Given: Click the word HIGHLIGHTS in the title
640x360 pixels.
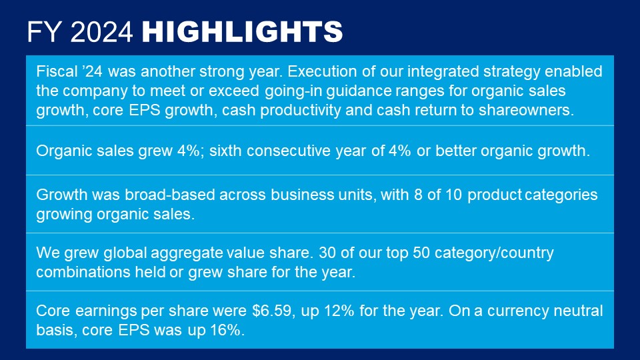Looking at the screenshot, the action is click(x=242, y=31).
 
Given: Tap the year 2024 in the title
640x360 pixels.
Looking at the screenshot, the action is click(x=101, y=31).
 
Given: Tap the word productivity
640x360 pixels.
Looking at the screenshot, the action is click(x=301, y=110).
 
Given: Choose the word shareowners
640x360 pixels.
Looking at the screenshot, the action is click(x=527, y=110).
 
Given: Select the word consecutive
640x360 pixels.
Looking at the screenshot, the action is click(x=289, y=151).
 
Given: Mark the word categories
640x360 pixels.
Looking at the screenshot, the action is click(x=561, y=195).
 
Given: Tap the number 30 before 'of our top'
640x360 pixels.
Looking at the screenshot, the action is click(x=327, y=253).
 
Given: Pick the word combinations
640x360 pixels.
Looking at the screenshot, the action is click(x=83, y=272).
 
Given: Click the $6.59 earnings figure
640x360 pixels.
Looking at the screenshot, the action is click(x=272, y=311).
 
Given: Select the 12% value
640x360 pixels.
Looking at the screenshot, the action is click(x=339, y=311).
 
